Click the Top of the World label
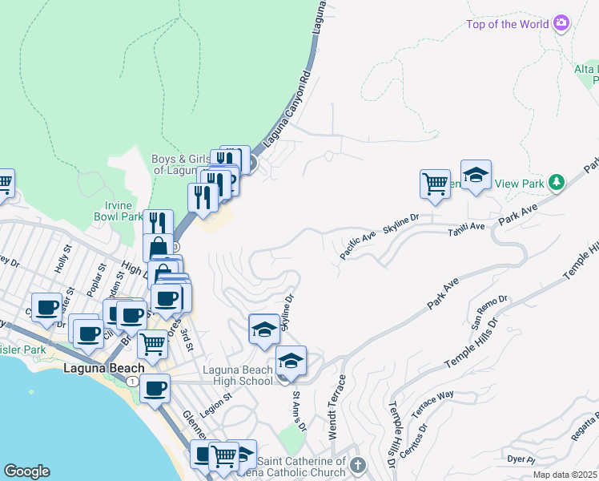coord(508,24)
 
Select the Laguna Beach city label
coord(100,369)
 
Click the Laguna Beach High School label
coord(237,375)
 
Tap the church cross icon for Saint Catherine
coord(357,464)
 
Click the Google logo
coord(26,471)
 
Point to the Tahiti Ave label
coord(467,227)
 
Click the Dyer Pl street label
coord(521,459)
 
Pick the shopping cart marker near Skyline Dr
coord(435,184)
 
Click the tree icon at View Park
coord(556,183)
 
